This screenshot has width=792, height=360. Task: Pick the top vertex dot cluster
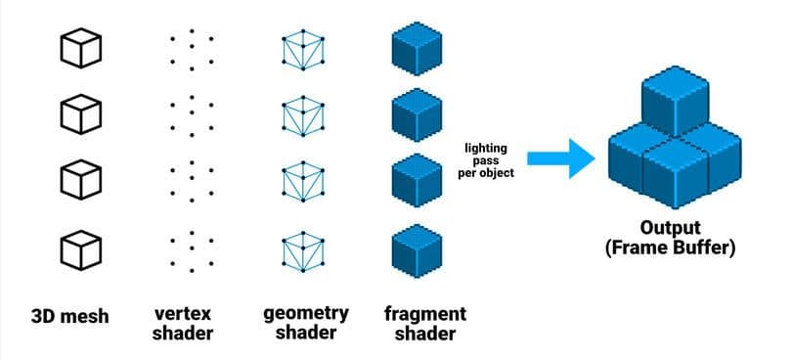point(192,48)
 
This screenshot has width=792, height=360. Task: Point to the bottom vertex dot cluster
point(192,250)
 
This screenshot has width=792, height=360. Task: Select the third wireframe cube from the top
point(303,183)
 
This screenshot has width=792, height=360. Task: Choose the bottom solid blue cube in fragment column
point(416,250)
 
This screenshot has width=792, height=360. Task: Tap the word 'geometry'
point(305,313)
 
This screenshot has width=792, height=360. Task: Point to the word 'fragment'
point(424,314)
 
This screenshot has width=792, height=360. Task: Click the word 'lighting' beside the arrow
point(485,148)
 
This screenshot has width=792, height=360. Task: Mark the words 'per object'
point(485,174)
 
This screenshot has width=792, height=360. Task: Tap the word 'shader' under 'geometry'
point(305,334)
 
